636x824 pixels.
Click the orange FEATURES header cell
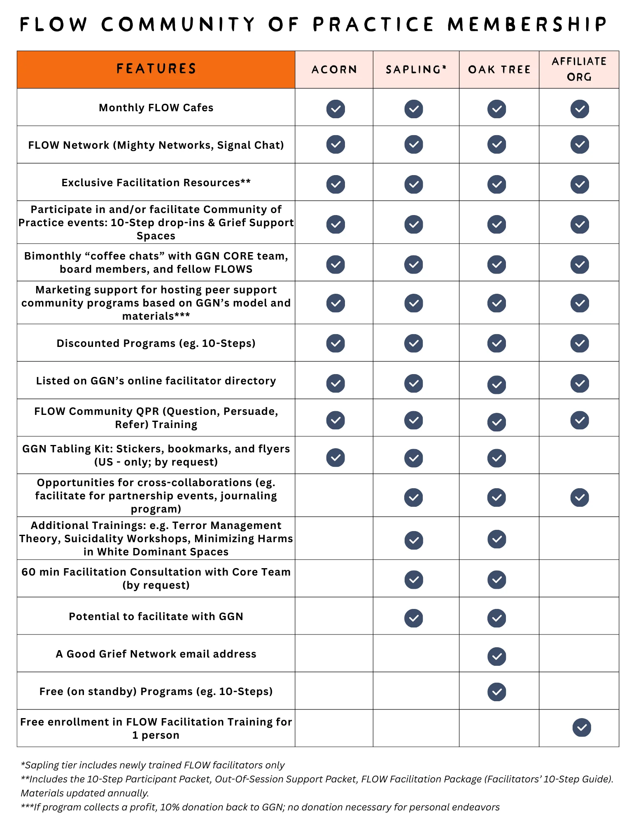click(x=156, y=69)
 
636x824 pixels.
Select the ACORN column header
click(x=334, y=70)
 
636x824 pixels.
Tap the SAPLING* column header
click(x=416, y=70)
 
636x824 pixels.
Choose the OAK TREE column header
click(x=499, y=70)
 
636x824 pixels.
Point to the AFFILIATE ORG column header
click(x=579, y=69)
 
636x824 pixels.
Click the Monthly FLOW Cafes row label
click(x=156, y=108)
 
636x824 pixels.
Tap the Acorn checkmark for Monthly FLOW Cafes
click(x=335, y=109)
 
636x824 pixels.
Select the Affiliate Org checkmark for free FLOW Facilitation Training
click(x=581, y=728)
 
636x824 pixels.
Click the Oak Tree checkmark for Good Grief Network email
click(x=497, y=656)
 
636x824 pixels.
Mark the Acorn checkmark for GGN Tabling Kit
click(x=335, y=457)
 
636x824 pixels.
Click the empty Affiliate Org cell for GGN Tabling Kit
click(x=579, y=455)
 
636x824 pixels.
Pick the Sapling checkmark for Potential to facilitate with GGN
click(x=414, y=618)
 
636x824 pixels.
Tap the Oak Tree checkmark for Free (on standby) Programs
click(x=497, y=692)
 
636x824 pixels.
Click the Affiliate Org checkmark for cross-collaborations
click(x=580, y=497)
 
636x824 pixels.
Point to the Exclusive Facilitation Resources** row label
click(x=156, y=183)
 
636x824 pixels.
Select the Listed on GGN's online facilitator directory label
click(x=156, y=381)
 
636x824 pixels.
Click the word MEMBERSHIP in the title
click(x=527, y=24)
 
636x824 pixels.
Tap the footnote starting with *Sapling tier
click(x=153, y=765)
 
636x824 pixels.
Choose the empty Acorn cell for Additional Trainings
click(x=334, y=538)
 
